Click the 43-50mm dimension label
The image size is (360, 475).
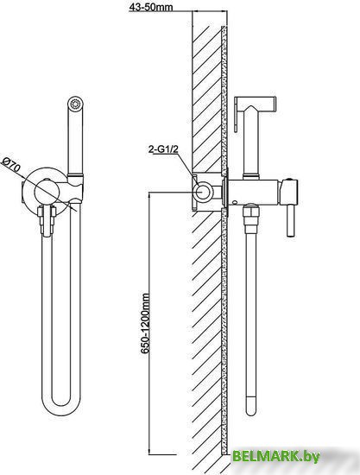coord(151,7)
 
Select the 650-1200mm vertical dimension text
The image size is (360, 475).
coord(145,323)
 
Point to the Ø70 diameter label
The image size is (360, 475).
coord(11,165)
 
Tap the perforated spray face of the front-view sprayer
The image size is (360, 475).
coord(75,104)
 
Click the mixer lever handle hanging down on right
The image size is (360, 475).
coord(291,219)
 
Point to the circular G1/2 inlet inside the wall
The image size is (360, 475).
coord(203,192)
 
